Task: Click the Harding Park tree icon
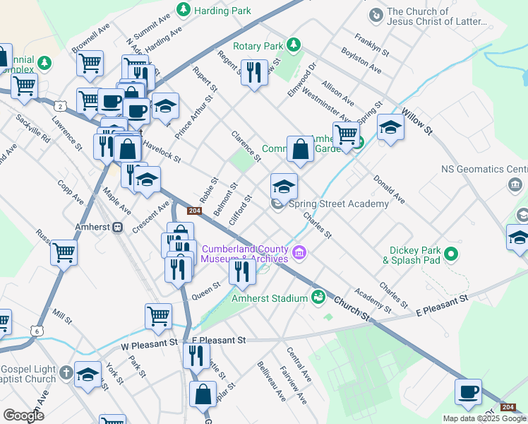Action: pyautogui.click(x=184, y=9)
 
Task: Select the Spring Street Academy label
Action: pyautogui.click(x=339, y=204)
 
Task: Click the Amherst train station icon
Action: pyautogui.click(x=119, y=228)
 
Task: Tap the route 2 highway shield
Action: pyautogui.click(x=61, y=106)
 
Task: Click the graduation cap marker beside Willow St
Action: pyautogui.click(x=390, y=128)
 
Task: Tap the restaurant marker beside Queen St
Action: pyautogui.click(x=241, y=271)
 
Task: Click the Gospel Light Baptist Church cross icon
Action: pyautogui.click(x=66, y=372)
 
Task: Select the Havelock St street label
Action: pyautogui.click(x=164, y=148)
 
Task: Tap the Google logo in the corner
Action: pyautogui.click(x=23, y=415)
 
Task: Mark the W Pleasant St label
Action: pyautogui.click(x=150, y=343)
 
